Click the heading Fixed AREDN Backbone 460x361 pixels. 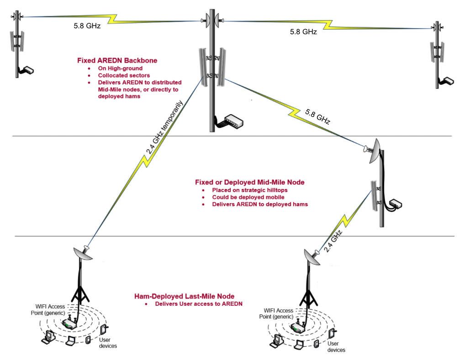point(117,60)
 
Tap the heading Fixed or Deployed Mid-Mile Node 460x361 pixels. point(250,182)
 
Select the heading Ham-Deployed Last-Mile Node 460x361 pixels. point(184,296)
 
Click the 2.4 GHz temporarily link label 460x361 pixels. point(164,127)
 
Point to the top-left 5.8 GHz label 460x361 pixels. point(87,26)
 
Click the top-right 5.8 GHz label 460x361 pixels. point(303,31)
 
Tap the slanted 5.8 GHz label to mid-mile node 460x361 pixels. point(318,116)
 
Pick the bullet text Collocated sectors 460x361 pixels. point(124,75)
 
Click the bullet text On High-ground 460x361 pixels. point(120,68)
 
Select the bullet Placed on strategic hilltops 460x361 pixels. point(250,190)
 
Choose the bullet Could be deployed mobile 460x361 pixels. point(248,197)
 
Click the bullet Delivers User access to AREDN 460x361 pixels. point(199,304)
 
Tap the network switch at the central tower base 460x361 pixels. point(234,121)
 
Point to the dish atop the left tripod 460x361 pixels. point(82,253)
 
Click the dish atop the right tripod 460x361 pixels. point(312,256)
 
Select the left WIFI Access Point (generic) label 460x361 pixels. point(48,310)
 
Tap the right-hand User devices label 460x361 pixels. point(336,347)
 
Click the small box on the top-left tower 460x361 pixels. point(28,70)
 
